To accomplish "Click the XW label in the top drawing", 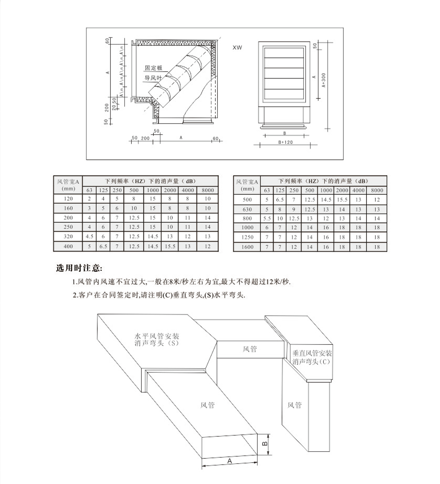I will pyautogui.click(x=237, y=48).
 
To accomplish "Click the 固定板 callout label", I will pyautogui.click(x=154, y=68).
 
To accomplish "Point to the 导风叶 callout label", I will pyautogui.click(x=153, y=78).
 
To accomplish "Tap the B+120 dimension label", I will pyautogui.click(x=285, y=142).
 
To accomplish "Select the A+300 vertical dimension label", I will pyautogui.click(x=324, y=80).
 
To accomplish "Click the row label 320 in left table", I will pyautogui.click(x=68, y=237).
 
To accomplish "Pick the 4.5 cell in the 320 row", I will pyautogui.click(x=89, y=237).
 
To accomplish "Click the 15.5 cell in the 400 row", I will pyautogui.click(x=170, y=246).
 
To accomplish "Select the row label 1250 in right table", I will pyautogui.click(x=247, y=237).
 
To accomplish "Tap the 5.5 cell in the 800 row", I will pyautogui.click(x=267, y=218).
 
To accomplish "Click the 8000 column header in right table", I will pyautogui.click(x=377, y=190).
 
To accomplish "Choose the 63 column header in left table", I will pyautogui.click(x=89, y=190).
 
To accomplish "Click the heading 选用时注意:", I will pyautogui.click(x=79, y=268).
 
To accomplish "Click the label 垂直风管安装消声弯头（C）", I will pyautogui.click(x=312, y=357).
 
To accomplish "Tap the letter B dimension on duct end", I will pyautogui.click(x=265, y=443).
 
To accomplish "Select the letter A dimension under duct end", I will pyautogui.click(x=229, y=461).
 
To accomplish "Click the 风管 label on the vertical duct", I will pyautogui.click(x=294, y=405).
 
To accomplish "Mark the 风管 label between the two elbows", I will pyautogui.click(x=250, y=349).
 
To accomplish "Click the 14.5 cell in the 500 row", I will pyautogui.click(x=326, y=200).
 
